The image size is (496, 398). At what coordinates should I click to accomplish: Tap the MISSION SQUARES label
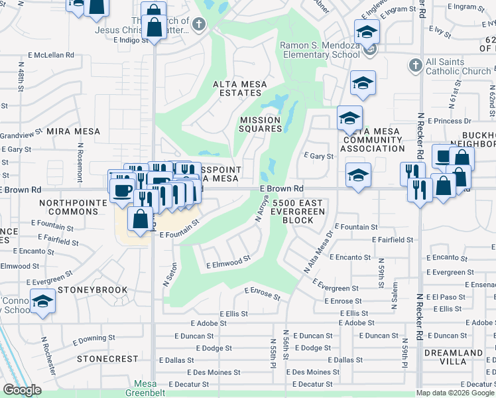point(260,124)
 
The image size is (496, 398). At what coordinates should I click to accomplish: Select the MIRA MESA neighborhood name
point(73,131)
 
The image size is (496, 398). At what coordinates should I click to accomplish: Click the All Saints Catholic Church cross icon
point(415,65)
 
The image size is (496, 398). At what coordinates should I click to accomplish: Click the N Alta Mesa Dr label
point(318,253)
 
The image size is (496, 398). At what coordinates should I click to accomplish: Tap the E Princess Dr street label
point(450,121)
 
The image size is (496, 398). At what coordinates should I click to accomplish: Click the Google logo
point(22,390)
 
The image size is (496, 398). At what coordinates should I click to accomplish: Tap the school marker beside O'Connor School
point(43,301)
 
